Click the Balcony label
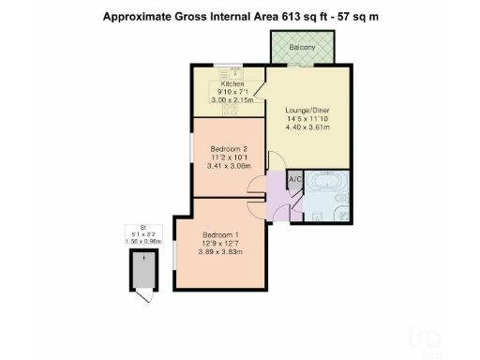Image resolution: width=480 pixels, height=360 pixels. (x=301, y=46)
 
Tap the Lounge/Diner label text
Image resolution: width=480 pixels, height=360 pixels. (x=307, y=110)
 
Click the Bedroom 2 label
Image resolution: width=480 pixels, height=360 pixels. (x=228, y=149)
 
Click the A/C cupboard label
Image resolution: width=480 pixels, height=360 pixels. (x=293, y=178)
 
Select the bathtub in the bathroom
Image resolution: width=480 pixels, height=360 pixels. (x=327, y=183)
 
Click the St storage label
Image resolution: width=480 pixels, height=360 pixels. (x=143, y=228)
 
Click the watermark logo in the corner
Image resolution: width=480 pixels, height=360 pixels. (x=426, y=337)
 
